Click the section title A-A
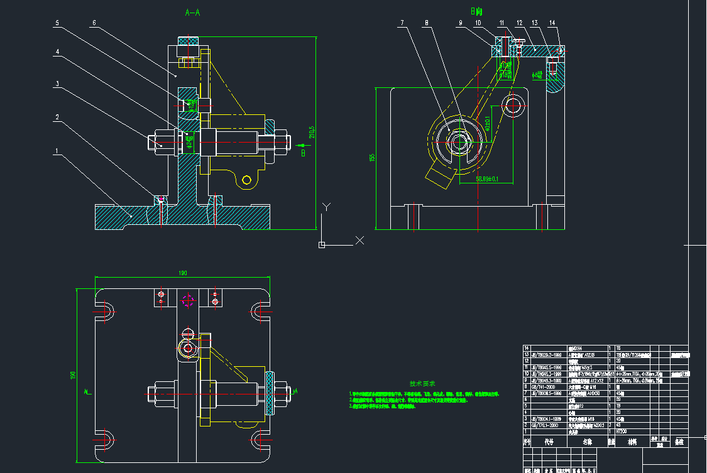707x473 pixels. click(193, 12)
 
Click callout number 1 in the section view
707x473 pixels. click(57, 151)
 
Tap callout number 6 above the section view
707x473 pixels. click(94, 23)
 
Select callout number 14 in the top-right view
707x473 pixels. click(552, 23)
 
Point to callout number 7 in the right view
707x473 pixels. click(402, 23)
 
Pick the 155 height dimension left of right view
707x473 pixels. click(371, 158)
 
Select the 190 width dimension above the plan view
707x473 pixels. click(183, 273)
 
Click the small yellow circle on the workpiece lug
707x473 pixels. click(247, 180)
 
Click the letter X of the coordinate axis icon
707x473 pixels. click(360, 239)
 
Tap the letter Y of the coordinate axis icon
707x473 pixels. click(325, 207)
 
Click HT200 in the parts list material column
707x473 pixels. click(622, 432)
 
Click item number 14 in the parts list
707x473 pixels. click(527, 347)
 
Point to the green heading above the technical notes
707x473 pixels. click(422, 383)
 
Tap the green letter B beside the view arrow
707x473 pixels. click(303, 152)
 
